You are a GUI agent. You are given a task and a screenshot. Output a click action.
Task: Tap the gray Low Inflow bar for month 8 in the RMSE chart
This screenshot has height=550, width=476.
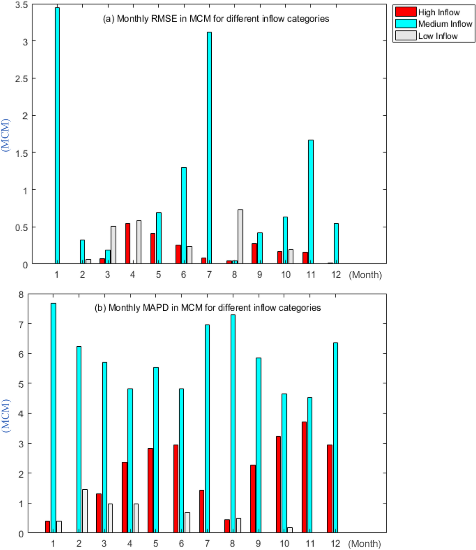(x=240, y=237)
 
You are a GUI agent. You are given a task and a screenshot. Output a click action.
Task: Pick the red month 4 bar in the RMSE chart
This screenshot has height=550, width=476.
(x=128, y=243)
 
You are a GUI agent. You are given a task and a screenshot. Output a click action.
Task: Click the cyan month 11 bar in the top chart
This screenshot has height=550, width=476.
(x=311, y=202)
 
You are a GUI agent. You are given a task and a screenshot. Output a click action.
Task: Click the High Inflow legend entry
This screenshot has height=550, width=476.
(x=439, y=12)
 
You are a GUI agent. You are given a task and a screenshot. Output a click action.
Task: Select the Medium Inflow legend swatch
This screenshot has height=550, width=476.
(x=406, y=24)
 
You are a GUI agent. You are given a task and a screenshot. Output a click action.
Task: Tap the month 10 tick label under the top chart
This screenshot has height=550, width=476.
(x=286, y=275)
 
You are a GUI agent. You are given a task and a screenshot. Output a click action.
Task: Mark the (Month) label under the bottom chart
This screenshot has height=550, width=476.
(x=364, y=544)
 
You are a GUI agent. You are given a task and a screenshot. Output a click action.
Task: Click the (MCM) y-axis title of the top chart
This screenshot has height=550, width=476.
(x=5, y=135)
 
